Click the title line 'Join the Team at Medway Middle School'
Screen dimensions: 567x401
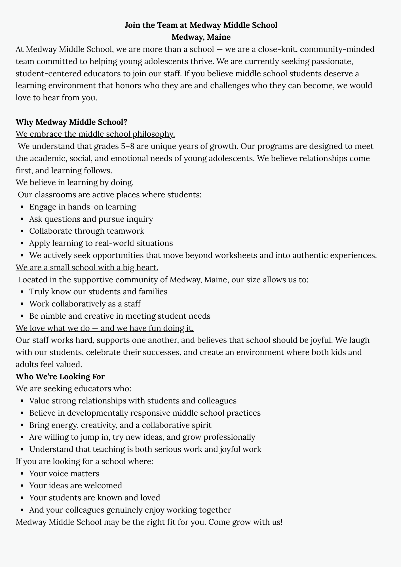(201, 25)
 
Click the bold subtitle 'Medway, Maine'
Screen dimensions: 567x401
(201, 37)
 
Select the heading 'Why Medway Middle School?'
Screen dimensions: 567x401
(71, 122)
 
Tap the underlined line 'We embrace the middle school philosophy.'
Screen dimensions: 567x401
(95, 134)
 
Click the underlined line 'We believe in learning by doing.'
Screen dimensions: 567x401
(75, 183)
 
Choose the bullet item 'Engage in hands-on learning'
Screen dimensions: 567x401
(83, 207)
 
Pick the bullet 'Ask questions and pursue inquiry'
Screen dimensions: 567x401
(91, 219)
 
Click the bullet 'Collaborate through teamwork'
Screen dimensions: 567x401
(86, 231)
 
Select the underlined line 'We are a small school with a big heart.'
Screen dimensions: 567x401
(87, 267)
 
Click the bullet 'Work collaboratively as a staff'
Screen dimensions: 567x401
(85, 304)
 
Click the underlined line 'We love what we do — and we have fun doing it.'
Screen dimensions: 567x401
(105, 328)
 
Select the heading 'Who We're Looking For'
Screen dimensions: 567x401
(60, 376)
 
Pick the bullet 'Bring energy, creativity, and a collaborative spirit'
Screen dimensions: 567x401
(120, 425)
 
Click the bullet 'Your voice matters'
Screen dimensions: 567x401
(64, 473)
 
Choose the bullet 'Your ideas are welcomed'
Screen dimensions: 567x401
(75, 485)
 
